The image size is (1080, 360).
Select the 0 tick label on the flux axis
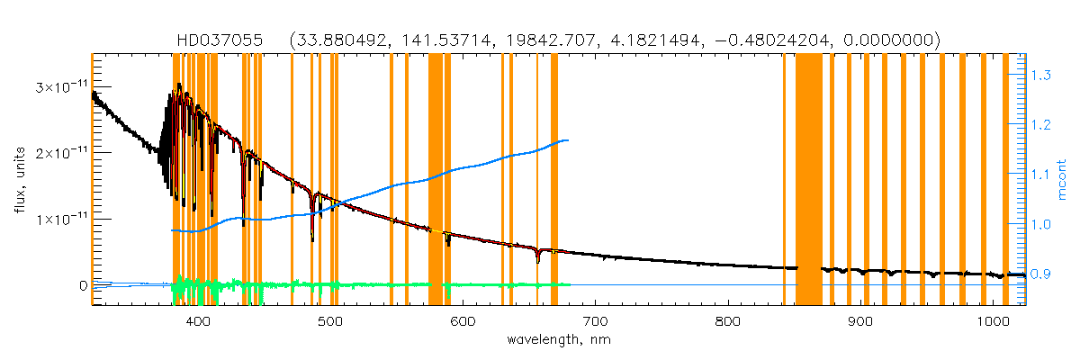pyautogui.click(x=82, y=286)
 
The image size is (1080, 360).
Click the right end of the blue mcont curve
pyautogui.click(x=567, y=140)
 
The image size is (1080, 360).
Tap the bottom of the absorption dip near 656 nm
pyautogui.click(x=537, y=261)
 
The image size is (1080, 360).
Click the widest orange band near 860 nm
pyautogui.click(x=809, y=180)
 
